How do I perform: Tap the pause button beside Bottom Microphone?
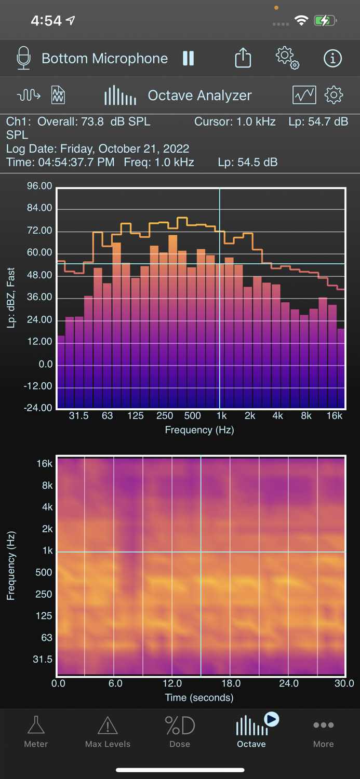click(188, 58)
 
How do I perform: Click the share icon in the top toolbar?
click(243, 58)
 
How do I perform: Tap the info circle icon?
click(332, 58)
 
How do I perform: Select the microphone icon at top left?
click(23, 58)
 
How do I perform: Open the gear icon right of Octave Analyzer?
click(334, 95)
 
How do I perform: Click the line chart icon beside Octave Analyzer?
click(304, 95)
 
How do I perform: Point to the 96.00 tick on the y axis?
click(39, 186)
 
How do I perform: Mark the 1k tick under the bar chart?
click(222, 415)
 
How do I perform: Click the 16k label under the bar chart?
click(335, 415)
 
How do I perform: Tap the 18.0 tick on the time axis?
click(231, 683)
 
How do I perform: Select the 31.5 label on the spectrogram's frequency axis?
click(42, 659)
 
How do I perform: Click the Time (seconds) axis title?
click(199, 697)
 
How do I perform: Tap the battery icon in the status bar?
click(325, 21)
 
